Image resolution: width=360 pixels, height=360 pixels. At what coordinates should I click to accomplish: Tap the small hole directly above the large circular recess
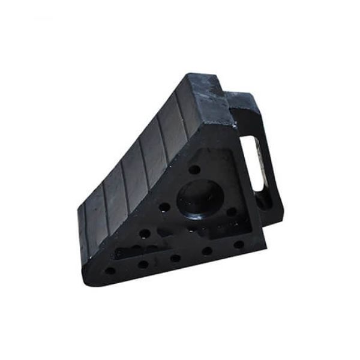coord(194,170)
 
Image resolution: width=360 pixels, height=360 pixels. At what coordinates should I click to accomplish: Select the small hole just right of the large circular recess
coord(231,211)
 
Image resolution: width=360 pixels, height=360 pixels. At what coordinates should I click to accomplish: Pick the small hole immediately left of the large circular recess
coord(164,208)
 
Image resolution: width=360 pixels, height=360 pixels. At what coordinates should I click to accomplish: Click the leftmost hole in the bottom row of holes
coord(110,271)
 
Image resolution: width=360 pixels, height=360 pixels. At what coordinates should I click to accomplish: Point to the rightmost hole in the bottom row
coord(239,244)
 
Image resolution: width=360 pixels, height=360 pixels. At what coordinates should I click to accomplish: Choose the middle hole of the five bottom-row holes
coord(175,258)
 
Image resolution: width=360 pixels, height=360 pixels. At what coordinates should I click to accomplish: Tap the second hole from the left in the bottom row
coord(143,264)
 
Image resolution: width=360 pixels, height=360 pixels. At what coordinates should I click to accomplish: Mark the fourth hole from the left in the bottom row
coord(208,251)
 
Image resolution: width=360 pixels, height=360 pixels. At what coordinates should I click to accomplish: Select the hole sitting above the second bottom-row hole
coord(144,233)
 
